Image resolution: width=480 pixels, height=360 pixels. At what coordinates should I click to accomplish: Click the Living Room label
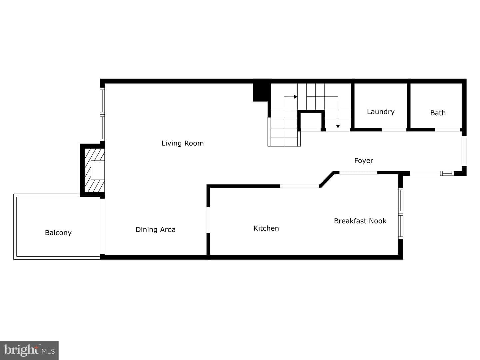(x=182, y=143)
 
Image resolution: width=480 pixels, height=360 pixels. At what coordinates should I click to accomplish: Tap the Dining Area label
(x=155, y=230)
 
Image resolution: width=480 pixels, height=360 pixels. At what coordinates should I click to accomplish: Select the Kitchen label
(x=266, y=228)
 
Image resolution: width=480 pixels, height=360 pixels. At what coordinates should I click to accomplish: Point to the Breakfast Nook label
(x=360, y=221)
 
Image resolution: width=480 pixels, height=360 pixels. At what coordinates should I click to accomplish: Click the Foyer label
(x=363, y=161)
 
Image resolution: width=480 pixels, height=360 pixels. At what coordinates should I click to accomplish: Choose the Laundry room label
(x=381, y=112)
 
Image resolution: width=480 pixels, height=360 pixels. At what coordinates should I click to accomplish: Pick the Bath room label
(x=438, y=113)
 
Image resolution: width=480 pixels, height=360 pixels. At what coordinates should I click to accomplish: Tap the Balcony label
(x=58, y=233)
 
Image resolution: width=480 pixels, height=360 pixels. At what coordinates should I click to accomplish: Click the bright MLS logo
(x=29, y=350)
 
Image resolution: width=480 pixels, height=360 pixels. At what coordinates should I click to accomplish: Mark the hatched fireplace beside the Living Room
(x=94, y=170)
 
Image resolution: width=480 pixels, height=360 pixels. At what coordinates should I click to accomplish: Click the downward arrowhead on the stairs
(x=338, y=126)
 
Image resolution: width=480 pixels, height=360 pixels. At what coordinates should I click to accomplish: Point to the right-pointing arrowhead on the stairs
(x=296, y=97)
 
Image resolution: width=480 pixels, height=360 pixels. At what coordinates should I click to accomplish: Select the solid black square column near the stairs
(x=260, y=92)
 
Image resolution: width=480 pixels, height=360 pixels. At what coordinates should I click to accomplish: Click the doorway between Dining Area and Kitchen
(x=208, y=220)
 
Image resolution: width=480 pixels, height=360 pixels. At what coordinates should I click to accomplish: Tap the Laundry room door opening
(x=394, y=130)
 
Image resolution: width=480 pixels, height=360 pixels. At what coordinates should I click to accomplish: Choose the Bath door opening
(x=448, y=130)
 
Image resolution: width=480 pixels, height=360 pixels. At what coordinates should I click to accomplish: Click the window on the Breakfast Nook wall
(x=400, y=213)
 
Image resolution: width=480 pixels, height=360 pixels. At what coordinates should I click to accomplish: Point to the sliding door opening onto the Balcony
(x=102, y=226)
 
